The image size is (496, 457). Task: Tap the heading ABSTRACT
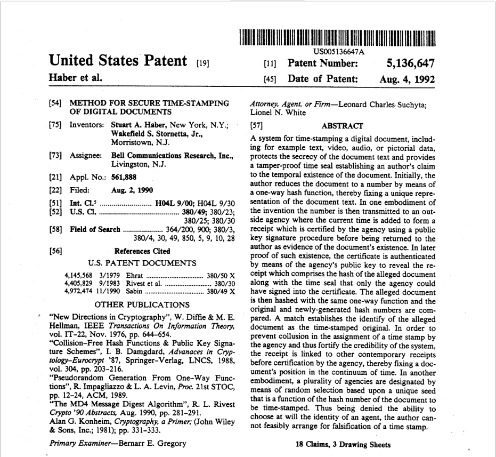coord(343,126)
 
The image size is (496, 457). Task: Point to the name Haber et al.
coord(75,78)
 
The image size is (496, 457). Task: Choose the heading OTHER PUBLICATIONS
coord(141,304)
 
